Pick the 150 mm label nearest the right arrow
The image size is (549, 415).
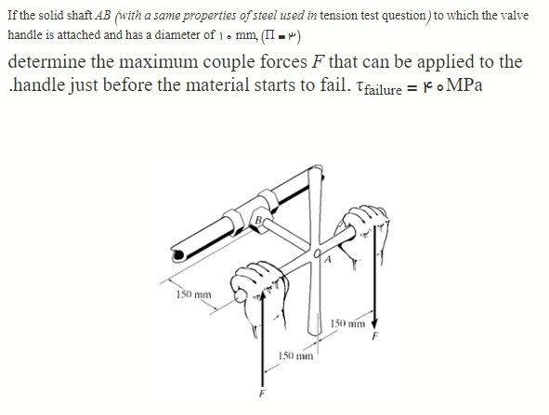[349, 323]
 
